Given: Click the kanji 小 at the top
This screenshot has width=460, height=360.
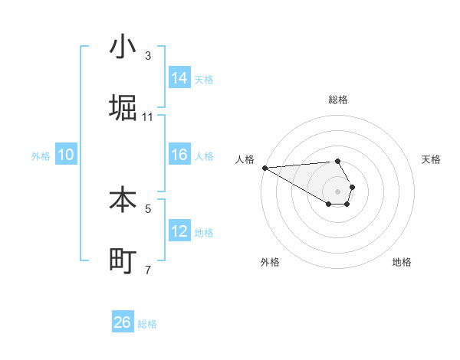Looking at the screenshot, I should tap(123, 47).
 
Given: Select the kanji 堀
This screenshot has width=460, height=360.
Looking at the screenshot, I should tap(123, 108).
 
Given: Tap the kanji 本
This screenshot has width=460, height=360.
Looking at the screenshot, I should tap(123, 200).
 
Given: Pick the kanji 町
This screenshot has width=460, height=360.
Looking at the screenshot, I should tap(123, 261).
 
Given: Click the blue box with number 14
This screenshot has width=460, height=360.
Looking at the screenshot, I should tap(179, 78).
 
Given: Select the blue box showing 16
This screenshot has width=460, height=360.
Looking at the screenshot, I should tap(179, 155).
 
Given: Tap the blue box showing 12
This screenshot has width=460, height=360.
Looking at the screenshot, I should tap(179, 231).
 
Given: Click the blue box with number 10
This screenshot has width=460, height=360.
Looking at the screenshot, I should tap(66, 155).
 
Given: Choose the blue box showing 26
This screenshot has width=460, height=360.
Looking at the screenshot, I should tap(123, 322).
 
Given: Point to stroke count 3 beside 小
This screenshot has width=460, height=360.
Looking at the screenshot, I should tap(148, 56).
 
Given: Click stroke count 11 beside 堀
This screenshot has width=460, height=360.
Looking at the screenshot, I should tap(148, 117).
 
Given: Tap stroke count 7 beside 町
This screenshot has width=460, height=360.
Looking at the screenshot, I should tap(148, 270).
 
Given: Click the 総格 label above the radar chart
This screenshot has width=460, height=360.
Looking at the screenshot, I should tap(338, 100).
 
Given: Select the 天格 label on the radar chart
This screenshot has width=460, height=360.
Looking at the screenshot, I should tap(432, 159).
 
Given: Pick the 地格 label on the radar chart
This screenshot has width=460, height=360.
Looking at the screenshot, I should tap(402, 262).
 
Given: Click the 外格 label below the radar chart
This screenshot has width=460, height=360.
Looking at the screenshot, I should tap(270, 262).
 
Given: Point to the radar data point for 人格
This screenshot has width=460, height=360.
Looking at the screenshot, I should tap(264, 168).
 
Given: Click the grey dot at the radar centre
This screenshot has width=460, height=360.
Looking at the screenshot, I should tap(337, 190).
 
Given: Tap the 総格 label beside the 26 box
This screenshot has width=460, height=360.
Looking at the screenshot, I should tap(147, 324).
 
